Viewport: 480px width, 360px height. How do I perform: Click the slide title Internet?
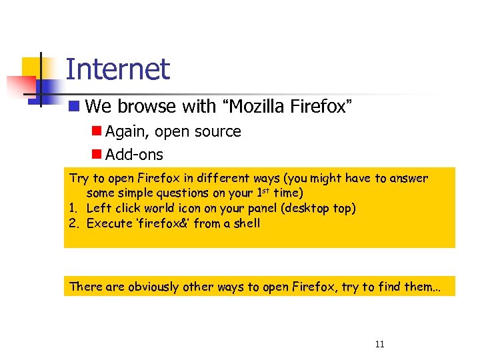tap(118, 69)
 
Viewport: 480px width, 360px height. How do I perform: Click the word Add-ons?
tap(134, 155)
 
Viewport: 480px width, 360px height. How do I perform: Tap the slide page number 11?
tap(380, 345)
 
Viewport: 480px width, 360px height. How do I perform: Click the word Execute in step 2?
tap(109, 223)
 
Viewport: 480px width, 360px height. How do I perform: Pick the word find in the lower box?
tap(385, 287)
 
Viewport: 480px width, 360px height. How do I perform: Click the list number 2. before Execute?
tap(75, 223)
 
